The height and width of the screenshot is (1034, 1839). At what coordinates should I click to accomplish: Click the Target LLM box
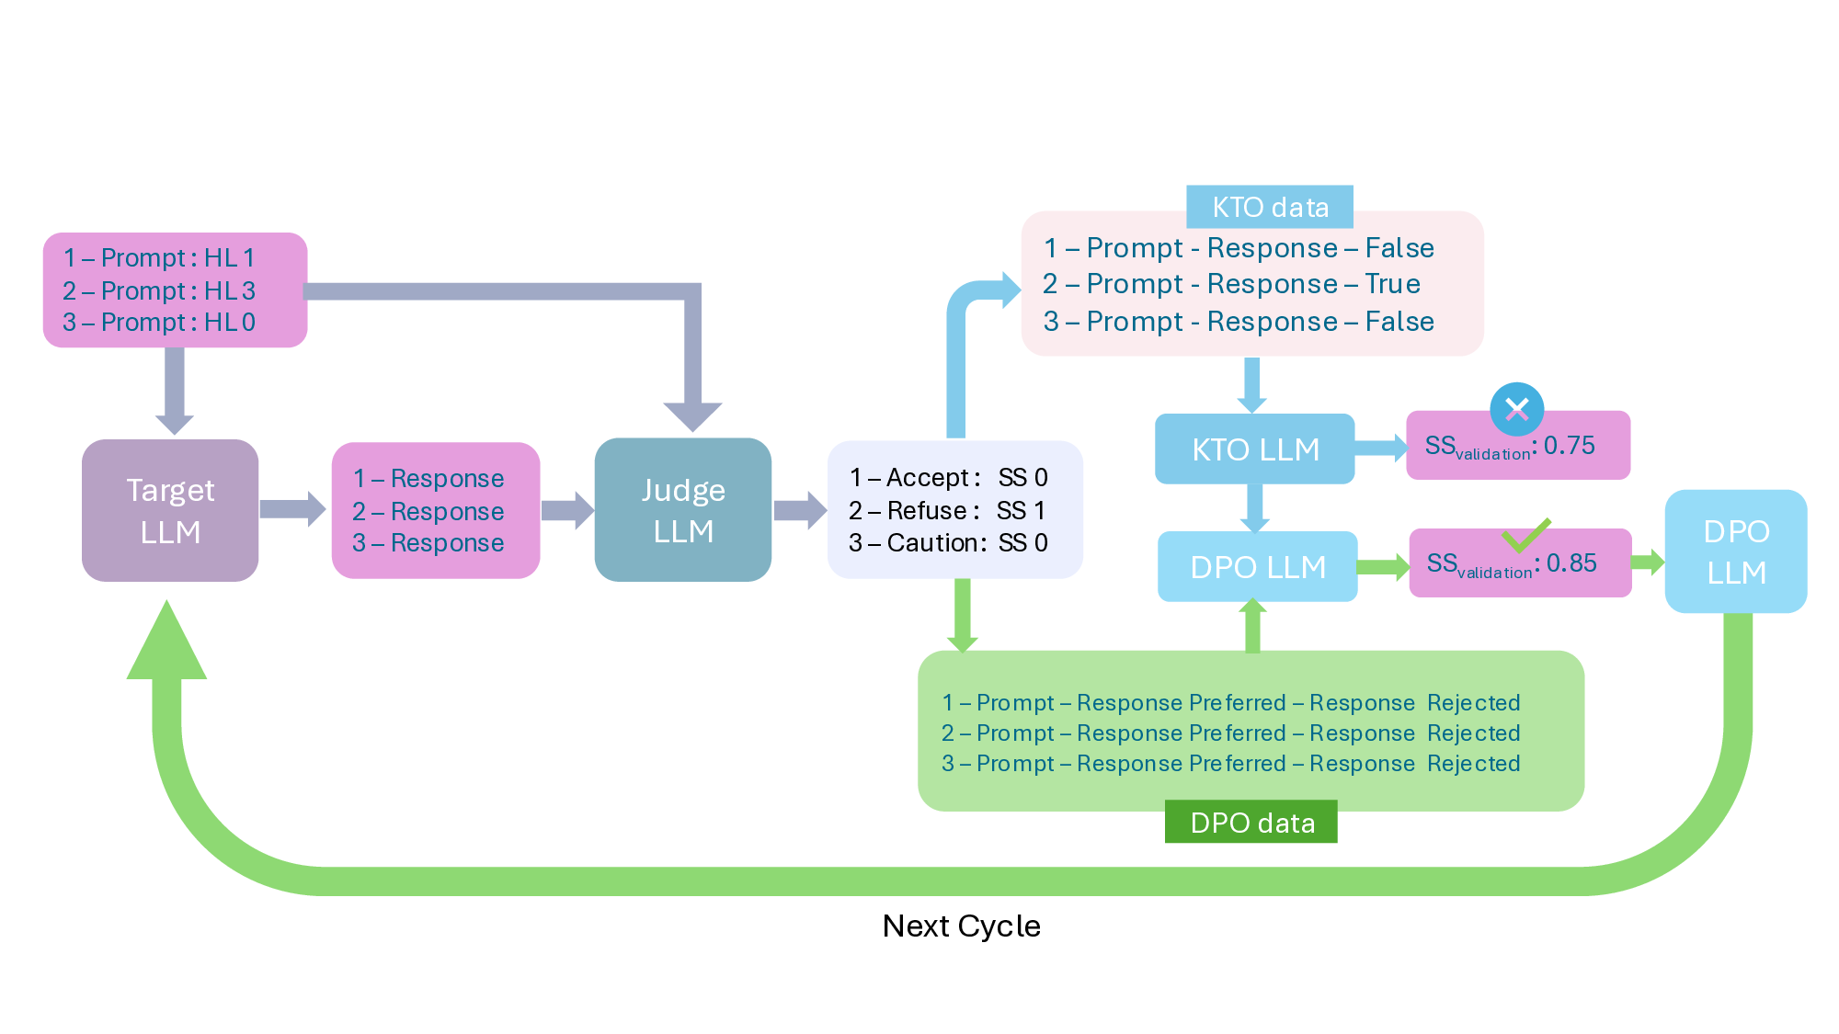pyautogui.click(x=170, y=510)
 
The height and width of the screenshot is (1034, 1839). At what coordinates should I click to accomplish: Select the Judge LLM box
pyautogui.click(x=682, y=510)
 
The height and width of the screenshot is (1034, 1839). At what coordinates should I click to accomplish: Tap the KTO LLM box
pyautogui.click(x=1254, y=449)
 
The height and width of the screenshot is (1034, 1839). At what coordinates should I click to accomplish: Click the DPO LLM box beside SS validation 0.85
pyautogui.click(x=1257, y=567)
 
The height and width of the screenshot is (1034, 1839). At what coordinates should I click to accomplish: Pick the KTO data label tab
pyautogui.click(x=1269, y=207)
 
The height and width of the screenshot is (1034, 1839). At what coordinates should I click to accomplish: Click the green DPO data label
pyautogui.click(x=1251, y=823)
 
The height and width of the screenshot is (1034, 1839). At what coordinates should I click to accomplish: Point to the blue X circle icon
pyautogui.click(x=1516, y=409)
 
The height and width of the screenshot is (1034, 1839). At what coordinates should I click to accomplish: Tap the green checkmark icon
pyautogui.click(x=1525, y=534)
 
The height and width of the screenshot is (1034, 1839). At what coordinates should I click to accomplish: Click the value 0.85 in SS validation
pyautogui.click(x=1571, y=563)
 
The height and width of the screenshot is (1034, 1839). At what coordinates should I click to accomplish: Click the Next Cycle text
pyautogui.click(x=961, y=926)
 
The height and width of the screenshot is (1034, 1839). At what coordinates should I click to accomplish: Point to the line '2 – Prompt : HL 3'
pyautogui.click(x=159, y=290)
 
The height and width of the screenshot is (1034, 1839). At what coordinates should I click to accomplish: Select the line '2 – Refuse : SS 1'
pyautogui.click(x=947, y=510)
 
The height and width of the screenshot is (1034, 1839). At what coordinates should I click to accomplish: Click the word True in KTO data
pyautogui.click(x=1392, y=284)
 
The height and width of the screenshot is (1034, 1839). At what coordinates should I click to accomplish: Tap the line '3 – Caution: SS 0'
pyautogui.click(x=947, y=543)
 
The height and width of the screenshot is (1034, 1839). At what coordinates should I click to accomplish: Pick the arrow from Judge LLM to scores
pyautogui.click(x=799, y=510)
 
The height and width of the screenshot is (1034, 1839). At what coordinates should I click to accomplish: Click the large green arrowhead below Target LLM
pyautogui.click(x=166, y=643)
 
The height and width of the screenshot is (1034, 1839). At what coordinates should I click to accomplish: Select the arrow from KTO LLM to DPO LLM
pyautogui.click(x=1254, y=507)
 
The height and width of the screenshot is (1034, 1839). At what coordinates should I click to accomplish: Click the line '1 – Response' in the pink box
pyautogui.click(x=428, y=478)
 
